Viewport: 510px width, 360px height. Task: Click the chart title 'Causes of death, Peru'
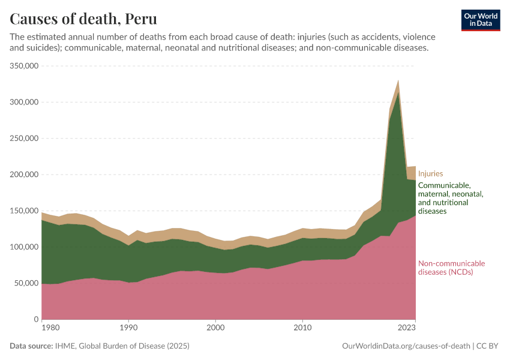pos(85,18)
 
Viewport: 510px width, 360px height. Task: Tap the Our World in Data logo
pos(480,20)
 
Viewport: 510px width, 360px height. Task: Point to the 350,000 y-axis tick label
pos(25,66)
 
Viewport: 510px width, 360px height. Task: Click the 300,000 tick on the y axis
pos(25,102)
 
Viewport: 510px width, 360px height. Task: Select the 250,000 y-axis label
pos(25,139)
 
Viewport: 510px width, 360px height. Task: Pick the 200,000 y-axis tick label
pos(25,175)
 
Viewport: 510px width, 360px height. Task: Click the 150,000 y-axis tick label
pos(25,211)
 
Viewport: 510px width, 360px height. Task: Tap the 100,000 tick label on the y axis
pos(25,247)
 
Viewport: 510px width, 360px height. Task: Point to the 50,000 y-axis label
pos(26,283)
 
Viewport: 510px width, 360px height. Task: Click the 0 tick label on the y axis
pos(36,319)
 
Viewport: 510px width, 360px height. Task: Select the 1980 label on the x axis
pos(50,328)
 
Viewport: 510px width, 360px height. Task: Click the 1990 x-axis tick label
pos(128,328)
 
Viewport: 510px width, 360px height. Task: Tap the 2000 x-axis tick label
pos(215,328)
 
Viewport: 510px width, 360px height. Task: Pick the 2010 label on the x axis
pos(302,328)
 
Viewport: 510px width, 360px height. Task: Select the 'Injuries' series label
pos(430,174)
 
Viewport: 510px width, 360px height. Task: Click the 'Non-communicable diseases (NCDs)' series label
pos(451,268)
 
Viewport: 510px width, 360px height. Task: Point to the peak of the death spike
pos(398,80)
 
